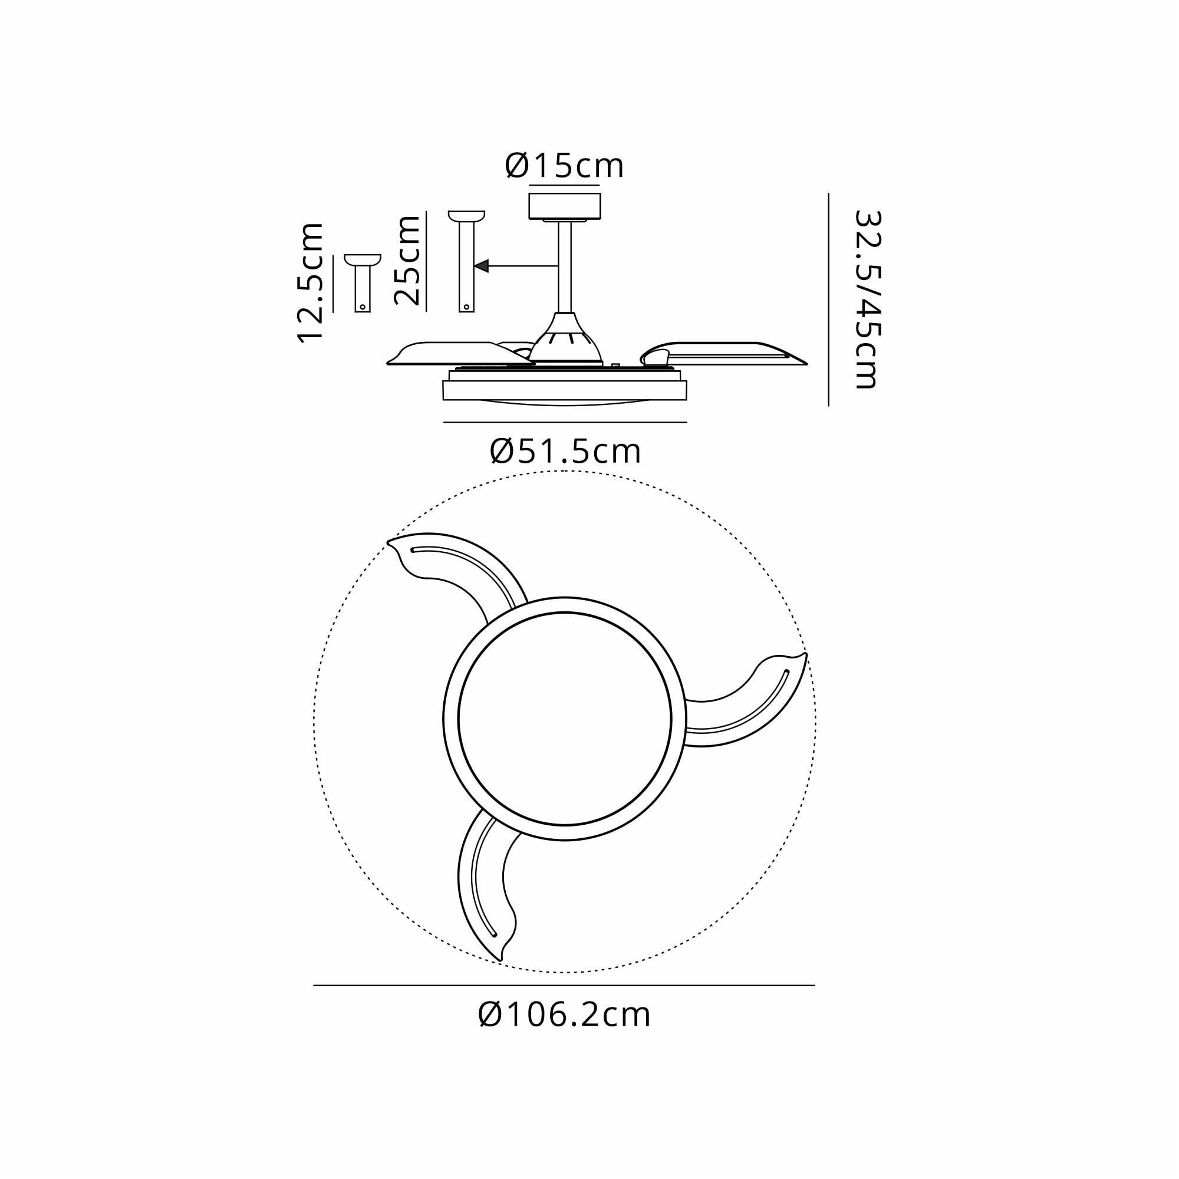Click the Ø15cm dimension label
click(x=565, y=166)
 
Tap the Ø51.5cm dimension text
click(x=565, y=452)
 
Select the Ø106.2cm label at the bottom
click(x=565, y=1015)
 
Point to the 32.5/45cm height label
click(x=867, y=299)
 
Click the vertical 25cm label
click(x=407, y=260)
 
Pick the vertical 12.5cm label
click(x=310, y=283)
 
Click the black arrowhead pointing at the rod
click(x=482, y=266)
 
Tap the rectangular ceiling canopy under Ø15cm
click(x=565, y=205)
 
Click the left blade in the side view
click(x=452, y=354)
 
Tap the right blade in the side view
click(x=726, y=354)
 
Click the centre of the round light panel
click(x=565, y=718)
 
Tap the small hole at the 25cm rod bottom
click(x=466, y=307)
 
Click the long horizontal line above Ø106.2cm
click(x=565, y=985)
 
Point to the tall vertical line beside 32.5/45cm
click(x=828, y=299)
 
